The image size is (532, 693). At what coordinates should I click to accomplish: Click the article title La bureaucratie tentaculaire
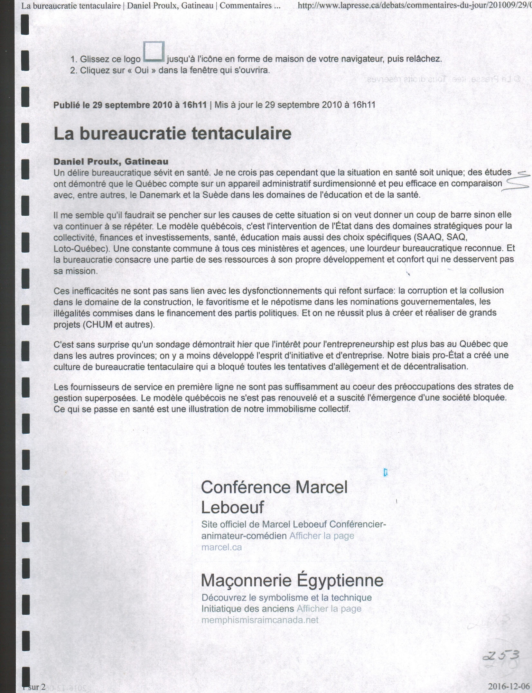click(x=172, y=134)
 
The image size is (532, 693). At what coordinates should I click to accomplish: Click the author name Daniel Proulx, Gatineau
click(x=111, y=161)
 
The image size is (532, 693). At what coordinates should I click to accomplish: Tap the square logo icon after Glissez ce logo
click(x=154, y=52)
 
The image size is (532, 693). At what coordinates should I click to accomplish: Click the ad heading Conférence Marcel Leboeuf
click(x=274, y=497)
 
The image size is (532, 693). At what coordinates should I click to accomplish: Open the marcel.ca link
click(x=221, y=547)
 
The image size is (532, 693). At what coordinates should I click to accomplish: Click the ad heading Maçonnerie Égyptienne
click(x=292, y=581)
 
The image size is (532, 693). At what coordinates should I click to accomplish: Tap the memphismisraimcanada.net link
click(x=260, y=620)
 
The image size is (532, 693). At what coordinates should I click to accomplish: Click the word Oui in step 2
click(x=141, y=70)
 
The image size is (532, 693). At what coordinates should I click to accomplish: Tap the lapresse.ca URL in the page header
click(x=414, y=5)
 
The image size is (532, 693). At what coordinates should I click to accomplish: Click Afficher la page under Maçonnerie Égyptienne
click(x=329, y=609)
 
